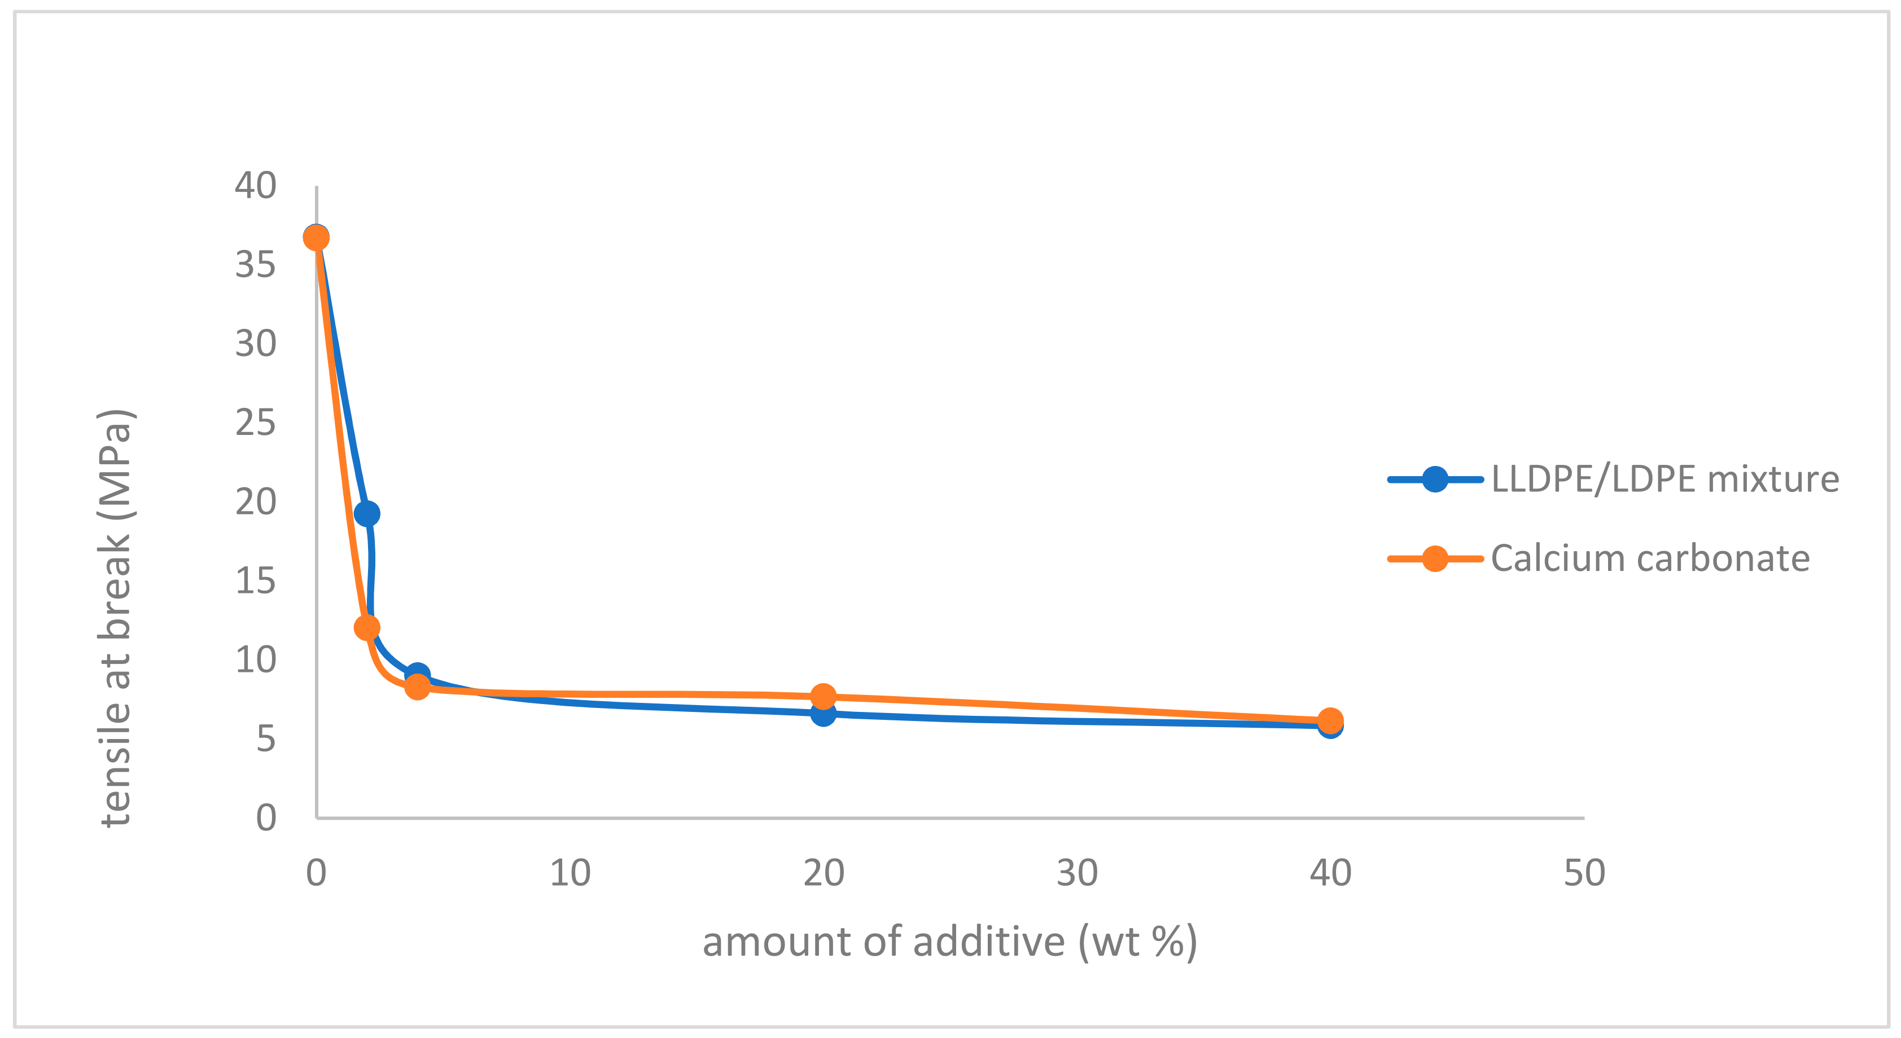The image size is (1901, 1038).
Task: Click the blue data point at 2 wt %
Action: point(367,513)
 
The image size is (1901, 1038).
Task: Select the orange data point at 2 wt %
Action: point(367,628)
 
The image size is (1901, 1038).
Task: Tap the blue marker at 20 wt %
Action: point(823,714)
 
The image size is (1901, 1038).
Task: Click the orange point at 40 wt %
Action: point(1330,720)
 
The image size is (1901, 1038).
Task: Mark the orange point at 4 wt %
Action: point(418,687)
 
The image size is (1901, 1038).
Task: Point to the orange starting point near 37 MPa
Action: point(316,237)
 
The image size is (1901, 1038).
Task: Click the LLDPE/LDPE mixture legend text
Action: point(1665,480)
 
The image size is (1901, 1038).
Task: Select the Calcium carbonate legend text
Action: point(1650,558)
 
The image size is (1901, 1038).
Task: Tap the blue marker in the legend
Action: point(1435,480)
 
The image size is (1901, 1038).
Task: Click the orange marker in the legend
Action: point(1435,558)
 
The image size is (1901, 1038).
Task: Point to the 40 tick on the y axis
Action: point(255,185)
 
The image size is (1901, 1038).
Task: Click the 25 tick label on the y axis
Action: point(255,423)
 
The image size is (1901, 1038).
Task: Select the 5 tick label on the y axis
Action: point(266,738)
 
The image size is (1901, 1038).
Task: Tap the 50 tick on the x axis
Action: point(1584,873)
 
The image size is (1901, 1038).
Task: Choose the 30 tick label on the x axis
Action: point(1077,873)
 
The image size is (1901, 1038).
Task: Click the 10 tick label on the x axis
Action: point(570,873)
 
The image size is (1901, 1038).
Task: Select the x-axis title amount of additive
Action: point(949,942)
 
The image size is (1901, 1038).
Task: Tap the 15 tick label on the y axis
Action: point(255,580)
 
